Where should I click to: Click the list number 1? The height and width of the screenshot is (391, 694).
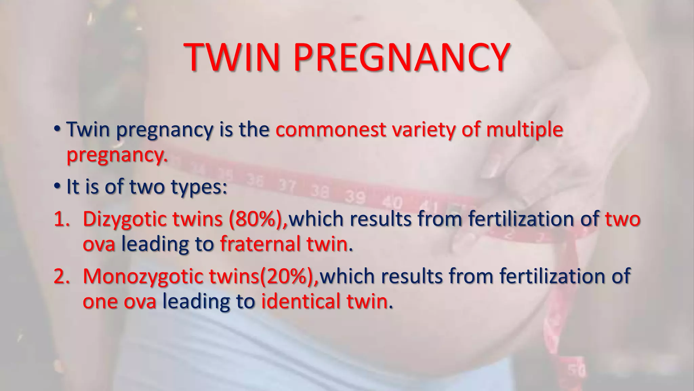61,219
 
